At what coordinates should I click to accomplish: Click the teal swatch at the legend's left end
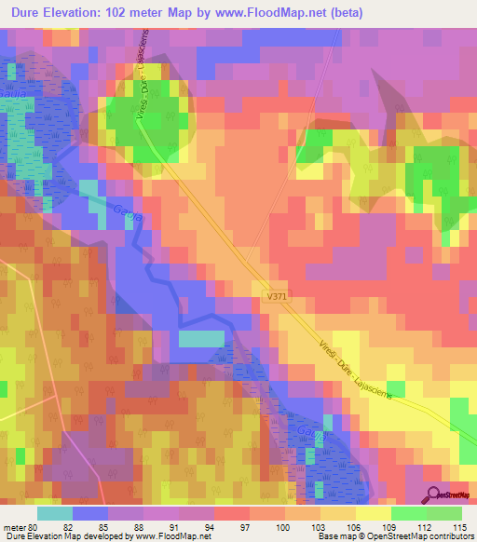tap(54, 513)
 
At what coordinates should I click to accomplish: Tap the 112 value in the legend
tap(429, 527)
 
